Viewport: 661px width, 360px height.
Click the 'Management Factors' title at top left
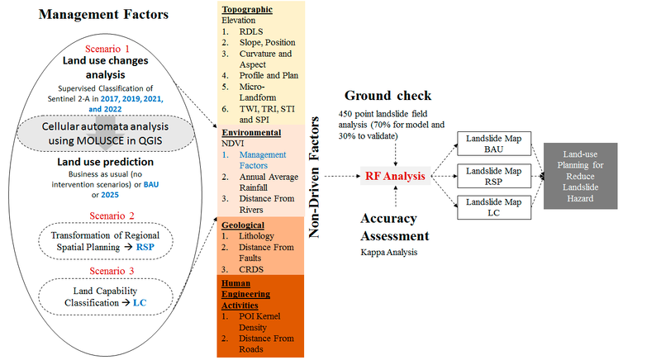point(96,14)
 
